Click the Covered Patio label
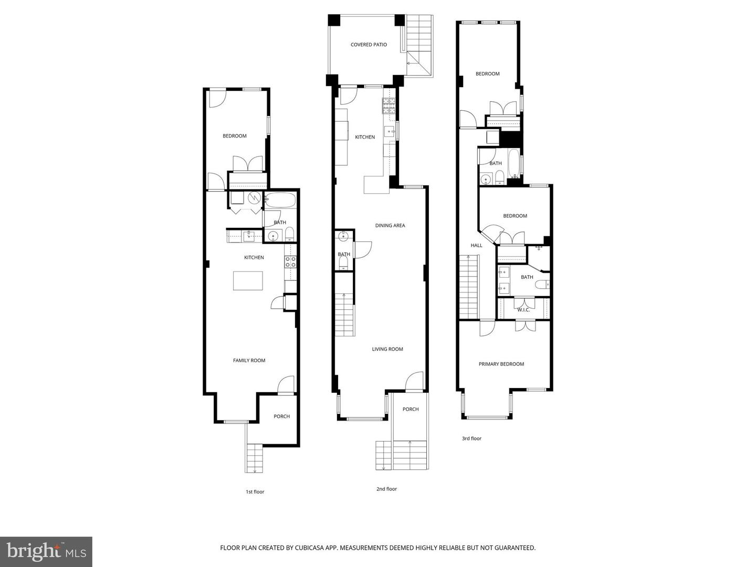tap(369, 45)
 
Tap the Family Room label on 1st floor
tap(249, 360)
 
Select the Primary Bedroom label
tap(501, 364)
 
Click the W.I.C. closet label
tap(523, 310)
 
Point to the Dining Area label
tap(390, 225)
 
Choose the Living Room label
tap(387, 349)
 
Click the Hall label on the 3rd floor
tap(476, 245)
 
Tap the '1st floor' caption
tap(255, 492)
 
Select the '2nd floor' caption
tap(386, 489)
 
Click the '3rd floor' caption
tap(471, 438)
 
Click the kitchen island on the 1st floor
tap(248, 280)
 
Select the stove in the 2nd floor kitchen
tap(388, 107)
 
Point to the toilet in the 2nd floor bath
tap(343, 264)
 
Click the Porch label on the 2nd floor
tap(411, 409)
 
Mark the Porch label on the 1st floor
tap(281, 416)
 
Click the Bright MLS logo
tap(46, 551)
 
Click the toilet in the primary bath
tap(542, 285)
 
